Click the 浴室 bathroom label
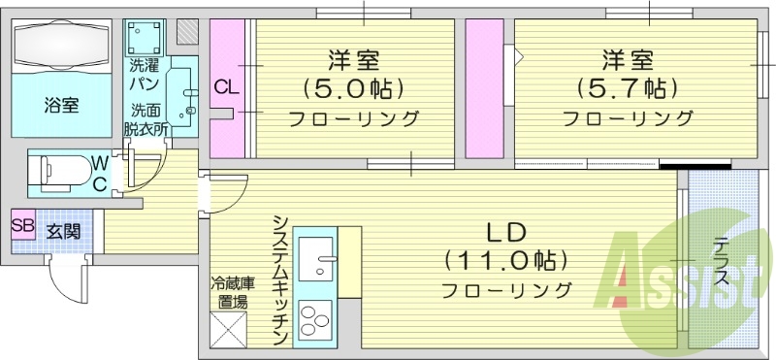(x=61, y=105)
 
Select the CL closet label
(x=225, y=88)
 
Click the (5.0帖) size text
(x=352, y=88)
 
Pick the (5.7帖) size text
(x=627, y=88)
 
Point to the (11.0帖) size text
(x=504, y=260)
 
